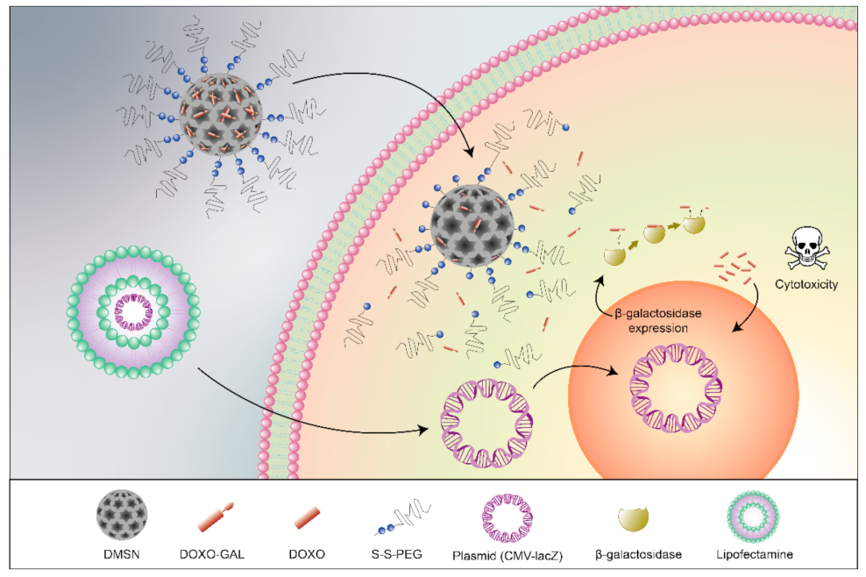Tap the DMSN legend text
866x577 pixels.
coord(122,554)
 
